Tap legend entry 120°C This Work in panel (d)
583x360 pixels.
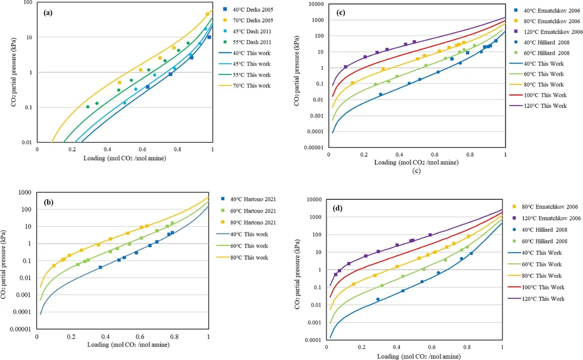pyautogui.click(x=540, y=298)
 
